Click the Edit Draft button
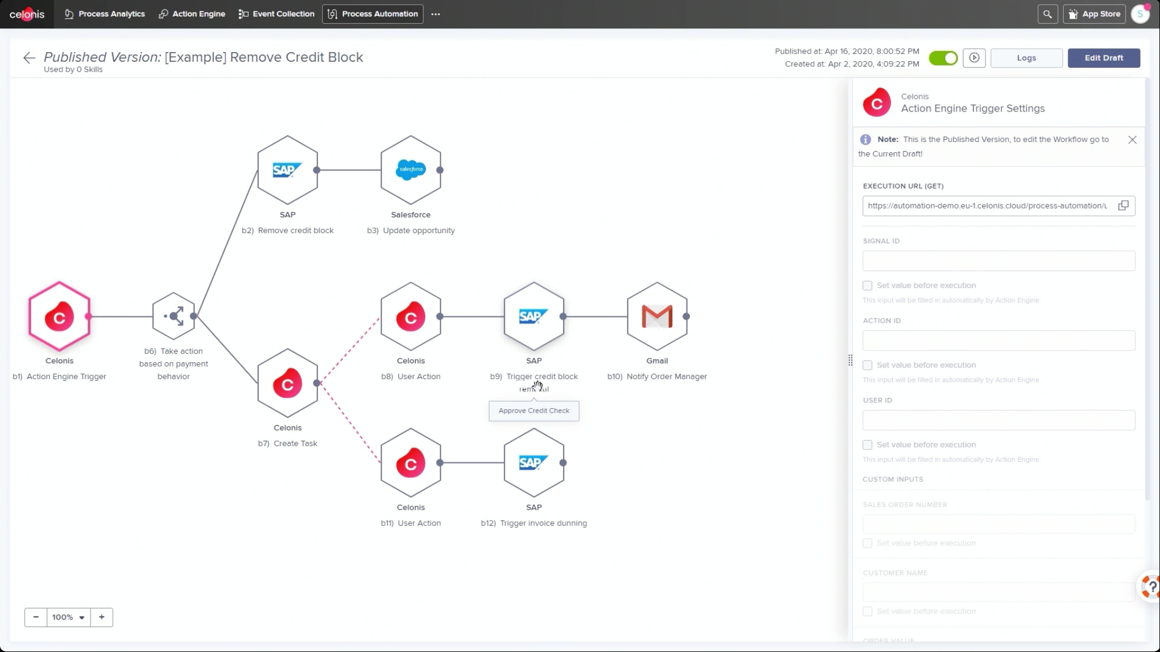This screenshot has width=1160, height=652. [1103, 58]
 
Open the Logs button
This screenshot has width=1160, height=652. [1026, 58]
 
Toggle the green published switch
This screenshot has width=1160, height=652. [943, 58]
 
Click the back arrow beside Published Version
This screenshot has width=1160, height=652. [29, 58]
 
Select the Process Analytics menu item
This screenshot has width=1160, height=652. [105, 14]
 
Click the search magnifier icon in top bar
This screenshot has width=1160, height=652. [1047, 14]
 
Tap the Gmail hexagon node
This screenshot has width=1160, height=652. [657, 316]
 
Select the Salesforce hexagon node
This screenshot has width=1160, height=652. [411, 170]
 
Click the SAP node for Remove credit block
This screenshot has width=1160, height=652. [287, 170]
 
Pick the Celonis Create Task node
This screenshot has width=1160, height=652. [287, 384]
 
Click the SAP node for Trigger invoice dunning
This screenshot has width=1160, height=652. [534, 463]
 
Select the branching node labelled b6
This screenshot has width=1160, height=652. [174, 316]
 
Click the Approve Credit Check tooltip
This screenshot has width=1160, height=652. [534, 411]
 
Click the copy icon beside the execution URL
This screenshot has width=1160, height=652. [1123, 205]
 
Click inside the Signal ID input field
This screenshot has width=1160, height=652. [998, 261]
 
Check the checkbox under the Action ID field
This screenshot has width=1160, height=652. [867, 365]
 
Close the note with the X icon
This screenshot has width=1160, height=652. [1132, 140]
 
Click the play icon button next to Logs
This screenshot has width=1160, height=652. [974, 58]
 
